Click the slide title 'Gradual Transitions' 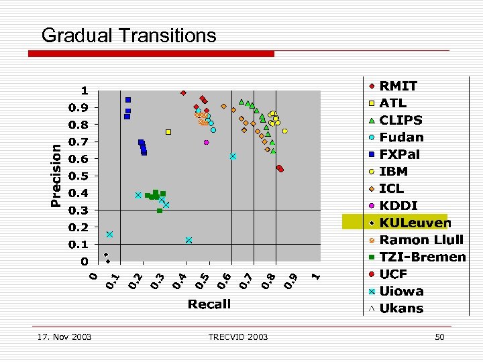[129, 35]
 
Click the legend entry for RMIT [398, 86]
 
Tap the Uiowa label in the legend [401, 291]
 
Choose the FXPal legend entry [399, 154]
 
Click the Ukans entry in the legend [401, 308]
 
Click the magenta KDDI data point [207, 142]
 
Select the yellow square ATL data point [168, 132]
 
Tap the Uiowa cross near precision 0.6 [233, 156]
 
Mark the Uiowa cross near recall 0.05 [109, 235]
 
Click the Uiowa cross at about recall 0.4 [189, 240]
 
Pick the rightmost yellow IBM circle [285, 131]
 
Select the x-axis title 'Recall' [209, 304]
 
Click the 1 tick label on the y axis [85, 90]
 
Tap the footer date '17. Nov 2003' [65, 337]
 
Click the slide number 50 [439, 337]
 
